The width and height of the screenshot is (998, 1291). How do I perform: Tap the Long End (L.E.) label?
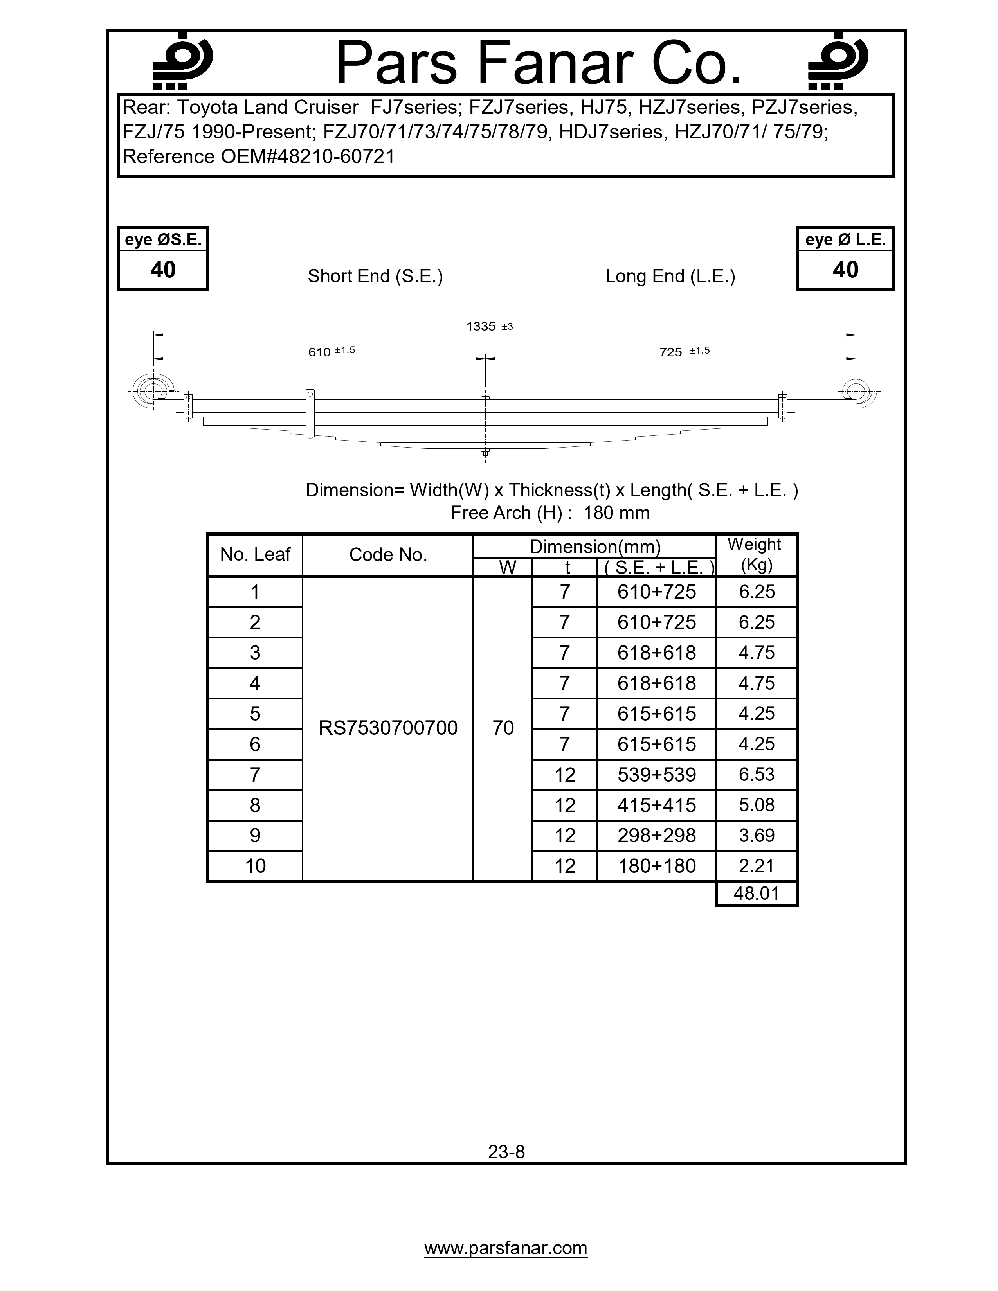(670, 276)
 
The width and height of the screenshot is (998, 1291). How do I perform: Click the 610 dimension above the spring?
(319, 352)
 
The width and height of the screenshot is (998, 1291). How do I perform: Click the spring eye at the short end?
(153, 391)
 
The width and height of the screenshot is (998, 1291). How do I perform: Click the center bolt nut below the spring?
(485, 452)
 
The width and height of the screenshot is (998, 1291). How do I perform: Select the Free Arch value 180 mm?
(616, 513)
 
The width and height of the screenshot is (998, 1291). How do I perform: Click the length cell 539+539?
(656, 774)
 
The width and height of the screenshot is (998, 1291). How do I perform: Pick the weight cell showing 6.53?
(756, 774)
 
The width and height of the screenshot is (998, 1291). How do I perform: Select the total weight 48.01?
(756, 893)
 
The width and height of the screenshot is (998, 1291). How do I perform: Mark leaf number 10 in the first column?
(255, 866)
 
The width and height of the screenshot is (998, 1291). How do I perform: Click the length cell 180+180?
(656, 866)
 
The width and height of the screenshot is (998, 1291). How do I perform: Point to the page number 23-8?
(506, 1151)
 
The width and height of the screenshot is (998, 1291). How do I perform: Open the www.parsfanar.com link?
(506, 1248)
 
